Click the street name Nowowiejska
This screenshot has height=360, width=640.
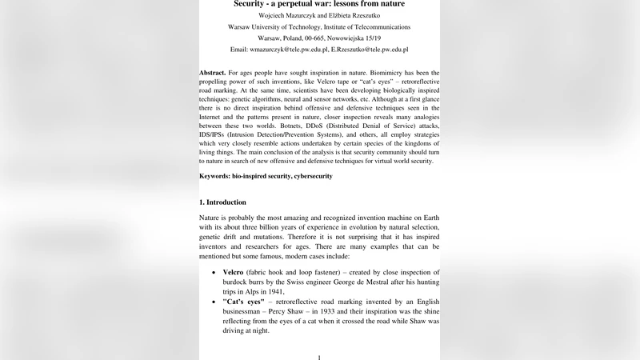[349, 38]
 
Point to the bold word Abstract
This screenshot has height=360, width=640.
[212, 73]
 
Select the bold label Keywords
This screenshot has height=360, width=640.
[218, 175]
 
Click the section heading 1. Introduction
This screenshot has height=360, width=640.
[222, 202]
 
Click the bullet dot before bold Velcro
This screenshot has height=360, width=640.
[213, 274]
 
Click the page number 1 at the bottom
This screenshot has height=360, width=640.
[319, 357]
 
